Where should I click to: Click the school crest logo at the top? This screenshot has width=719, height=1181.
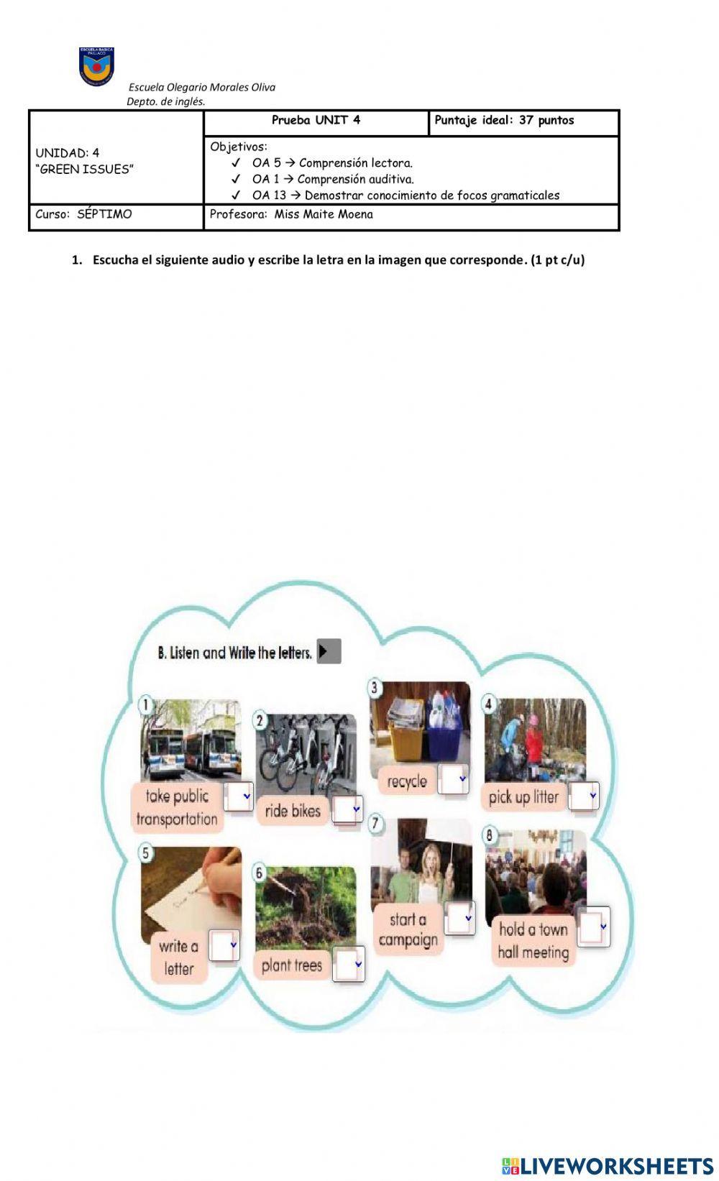click(96, 65)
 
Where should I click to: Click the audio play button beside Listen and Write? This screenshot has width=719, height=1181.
click(329, 651)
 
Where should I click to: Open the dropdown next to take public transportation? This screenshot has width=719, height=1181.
click(239, 796)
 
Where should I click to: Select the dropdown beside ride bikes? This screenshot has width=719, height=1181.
click(347, 810)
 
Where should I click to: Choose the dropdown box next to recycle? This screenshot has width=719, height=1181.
click(454, 779)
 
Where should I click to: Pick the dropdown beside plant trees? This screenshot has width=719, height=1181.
click(349, 963)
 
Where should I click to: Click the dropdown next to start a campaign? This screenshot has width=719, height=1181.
click(459, 919)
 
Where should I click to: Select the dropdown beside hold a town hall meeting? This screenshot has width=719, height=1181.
click(594, 927)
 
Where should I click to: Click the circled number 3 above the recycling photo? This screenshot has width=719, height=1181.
click(375, 688)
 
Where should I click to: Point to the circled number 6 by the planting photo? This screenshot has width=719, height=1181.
click(260, 873)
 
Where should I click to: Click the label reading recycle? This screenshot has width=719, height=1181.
click(406, 781)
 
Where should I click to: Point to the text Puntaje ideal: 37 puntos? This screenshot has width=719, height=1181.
click(504, 121)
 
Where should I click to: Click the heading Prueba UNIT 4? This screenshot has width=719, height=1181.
click(316, 121)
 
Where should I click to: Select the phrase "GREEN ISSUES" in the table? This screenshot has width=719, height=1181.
click(85, 170)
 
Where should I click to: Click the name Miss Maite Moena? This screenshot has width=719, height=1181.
click(323, 214)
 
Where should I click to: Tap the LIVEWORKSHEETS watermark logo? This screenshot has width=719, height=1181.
click(608, 1165)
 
